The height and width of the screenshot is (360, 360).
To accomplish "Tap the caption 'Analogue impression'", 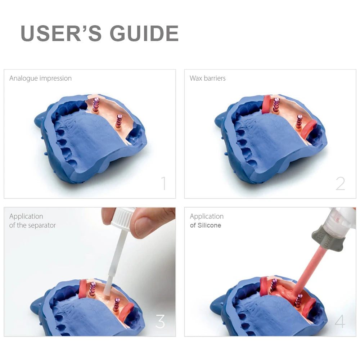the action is point(40,78).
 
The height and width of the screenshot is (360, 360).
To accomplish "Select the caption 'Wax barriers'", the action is point(208,78).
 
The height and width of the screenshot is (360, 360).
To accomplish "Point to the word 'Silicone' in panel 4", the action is point(209,225).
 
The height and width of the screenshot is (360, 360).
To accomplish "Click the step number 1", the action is point(163,183).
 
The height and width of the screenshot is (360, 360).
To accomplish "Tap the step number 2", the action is point(340,184).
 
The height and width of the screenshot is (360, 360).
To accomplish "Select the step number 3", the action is point(160,321).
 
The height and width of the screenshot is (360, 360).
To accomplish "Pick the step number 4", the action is point(340,321).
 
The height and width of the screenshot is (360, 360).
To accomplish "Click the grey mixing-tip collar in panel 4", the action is point(328,238).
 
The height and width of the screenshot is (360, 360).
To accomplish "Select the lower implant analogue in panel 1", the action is point(118,121).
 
